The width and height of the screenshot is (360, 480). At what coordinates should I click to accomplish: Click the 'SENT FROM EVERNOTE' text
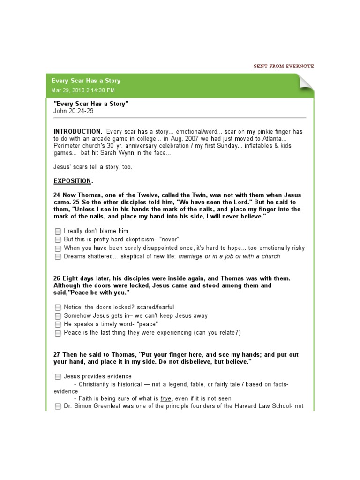point(284,66)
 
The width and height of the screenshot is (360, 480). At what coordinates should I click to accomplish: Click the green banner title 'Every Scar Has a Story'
point(86,81)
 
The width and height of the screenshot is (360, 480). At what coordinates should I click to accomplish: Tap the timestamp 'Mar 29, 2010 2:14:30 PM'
point(83,90)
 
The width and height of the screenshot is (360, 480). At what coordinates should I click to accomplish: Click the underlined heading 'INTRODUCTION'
point(77,132)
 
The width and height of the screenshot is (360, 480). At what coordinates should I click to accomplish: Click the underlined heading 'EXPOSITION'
point(72,181)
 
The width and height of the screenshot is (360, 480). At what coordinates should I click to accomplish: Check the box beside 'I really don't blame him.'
point(58,231)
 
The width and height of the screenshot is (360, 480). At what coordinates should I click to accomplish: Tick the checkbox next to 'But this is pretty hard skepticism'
point(58,240)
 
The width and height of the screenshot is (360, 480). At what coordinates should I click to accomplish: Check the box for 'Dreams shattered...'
point(58,256)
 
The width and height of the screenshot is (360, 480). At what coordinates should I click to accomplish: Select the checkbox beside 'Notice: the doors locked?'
point(58,307)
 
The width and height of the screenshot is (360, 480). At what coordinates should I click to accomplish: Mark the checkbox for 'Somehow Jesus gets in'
point(58,316)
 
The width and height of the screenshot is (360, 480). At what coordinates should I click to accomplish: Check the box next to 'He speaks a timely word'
point(58,324)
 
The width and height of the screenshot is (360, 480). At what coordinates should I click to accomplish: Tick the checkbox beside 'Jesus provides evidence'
point(58,376)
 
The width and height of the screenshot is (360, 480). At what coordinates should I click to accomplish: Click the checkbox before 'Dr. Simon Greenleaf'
point(58,406)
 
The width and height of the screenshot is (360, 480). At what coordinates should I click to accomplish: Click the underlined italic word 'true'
point(166,398)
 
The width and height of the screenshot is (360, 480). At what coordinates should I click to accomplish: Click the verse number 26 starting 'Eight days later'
point(57,278)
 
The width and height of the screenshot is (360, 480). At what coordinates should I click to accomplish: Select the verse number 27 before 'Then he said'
point(57,355)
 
